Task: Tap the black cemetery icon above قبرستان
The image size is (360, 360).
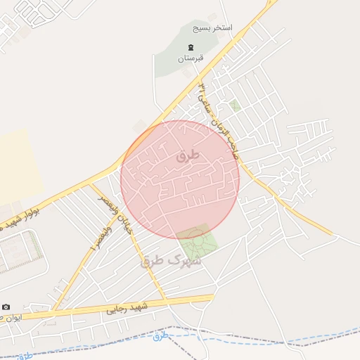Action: pos(190,48)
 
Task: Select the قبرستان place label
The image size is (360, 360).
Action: pos(190,58)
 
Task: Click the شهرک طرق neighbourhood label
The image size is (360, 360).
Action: pos(172,260)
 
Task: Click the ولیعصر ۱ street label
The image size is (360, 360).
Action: pos(101,240)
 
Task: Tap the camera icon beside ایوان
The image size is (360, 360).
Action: pos(6,307)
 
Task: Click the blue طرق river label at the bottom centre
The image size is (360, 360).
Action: pos(161,335)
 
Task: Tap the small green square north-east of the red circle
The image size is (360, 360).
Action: pos(235,105)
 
